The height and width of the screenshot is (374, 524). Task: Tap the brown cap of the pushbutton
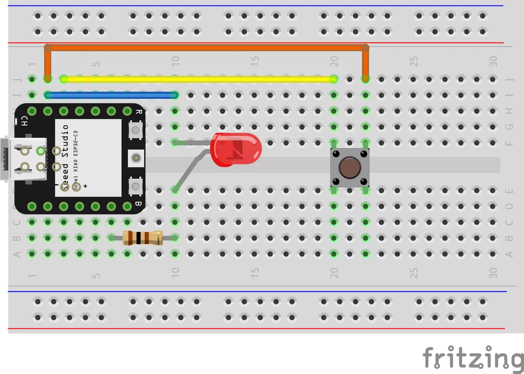(350, 168)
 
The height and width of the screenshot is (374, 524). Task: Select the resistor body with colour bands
(142, 238)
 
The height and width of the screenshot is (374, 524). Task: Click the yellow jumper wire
(199, 79)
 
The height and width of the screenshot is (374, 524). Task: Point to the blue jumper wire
(111, 95)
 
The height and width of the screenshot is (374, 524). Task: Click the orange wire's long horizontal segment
(207, 48)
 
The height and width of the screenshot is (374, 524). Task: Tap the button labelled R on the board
(135, 130)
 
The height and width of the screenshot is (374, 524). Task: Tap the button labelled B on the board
(135, 186)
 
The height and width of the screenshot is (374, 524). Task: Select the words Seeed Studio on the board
(65, 155)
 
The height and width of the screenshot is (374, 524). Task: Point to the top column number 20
(335, 61)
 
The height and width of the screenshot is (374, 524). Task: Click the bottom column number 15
(255, 272)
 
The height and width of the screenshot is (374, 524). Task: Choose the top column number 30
(493, 61)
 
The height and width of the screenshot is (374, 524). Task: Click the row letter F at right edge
(509, 143)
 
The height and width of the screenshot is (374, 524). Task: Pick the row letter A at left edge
(17, 254)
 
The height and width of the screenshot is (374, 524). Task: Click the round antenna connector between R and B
(136, 158)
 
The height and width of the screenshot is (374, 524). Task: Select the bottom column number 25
(414, 272)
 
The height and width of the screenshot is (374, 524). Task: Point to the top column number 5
(96, 64)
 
